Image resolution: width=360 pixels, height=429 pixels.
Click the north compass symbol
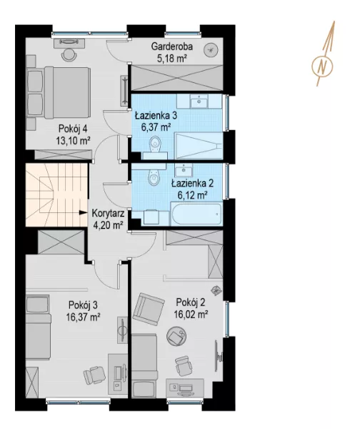point(322,66)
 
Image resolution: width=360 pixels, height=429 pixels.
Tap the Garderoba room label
point(172,46)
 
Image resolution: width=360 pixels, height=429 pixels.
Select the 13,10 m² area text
point(74,141)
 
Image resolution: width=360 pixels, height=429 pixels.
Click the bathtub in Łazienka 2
point(196,214)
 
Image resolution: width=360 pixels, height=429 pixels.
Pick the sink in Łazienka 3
point(199,102)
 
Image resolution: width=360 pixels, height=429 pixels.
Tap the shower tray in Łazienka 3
point(199,146)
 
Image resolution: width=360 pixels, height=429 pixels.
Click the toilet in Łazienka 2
point(154,177)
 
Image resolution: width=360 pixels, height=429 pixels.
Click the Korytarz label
point(108,213)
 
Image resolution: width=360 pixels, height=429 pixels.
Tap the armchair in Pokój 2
point(149,309)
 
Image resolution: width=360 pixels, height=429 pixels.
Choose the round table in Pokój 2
point(176,336)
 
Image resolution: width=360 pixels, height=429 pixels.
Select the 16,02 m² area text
point(191,315)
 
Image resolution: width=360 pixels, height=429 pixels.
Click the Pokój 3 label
point(83,305)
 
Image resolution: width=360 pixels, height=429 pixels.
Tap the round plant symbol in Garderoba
point(211,50)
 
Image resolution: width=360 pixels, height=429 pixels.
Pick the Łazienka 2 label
point(192,183)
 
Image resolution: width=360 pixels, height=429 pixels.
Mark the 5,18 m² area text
point(172,59)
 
